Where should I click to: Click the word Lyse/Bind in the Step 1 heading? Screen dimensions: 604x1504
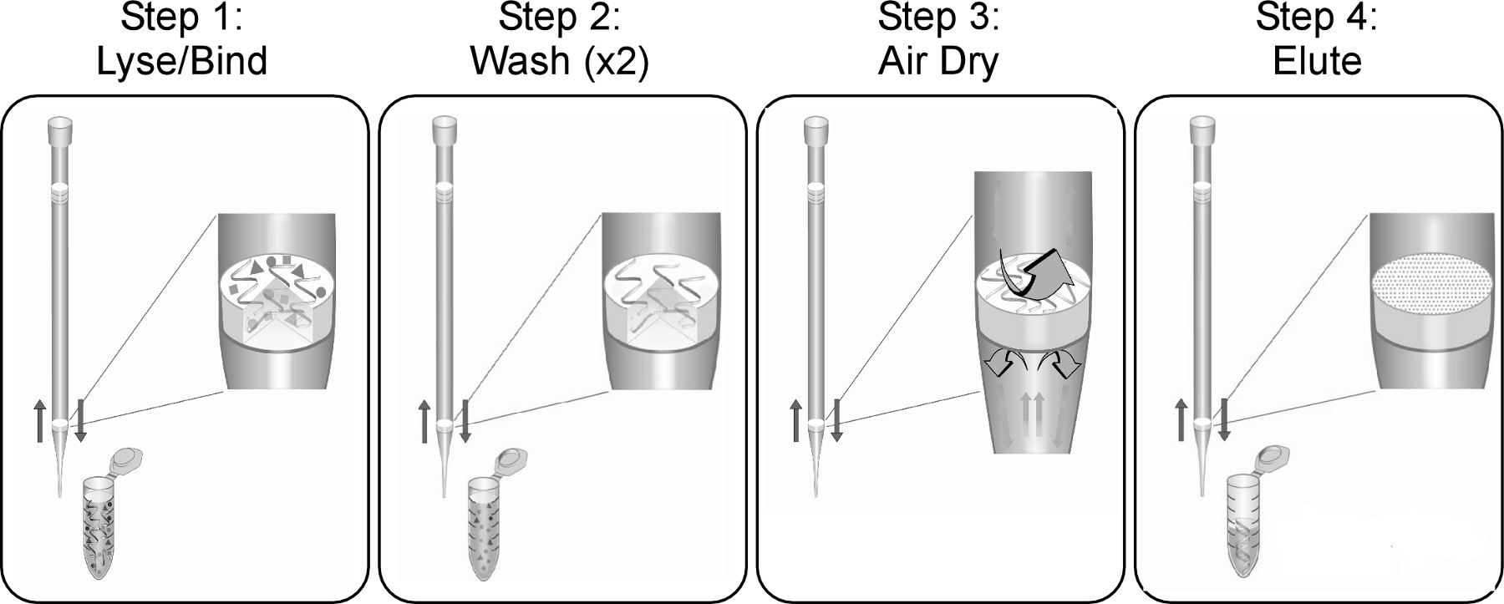pos(182,62)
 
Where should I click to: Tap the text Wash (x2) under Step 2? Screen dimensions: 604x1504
pos(560,62)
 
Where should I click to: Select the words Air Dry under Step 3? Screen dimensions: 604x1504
pos(937,62)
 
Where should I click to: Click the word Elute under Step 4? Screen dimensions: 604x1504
pos(1317,62)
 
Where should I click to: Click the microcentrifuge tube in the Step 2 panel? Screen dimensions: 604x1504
pos(483,526)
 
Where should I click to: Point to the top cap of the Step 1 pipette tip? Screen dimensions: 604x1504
pos(60,129)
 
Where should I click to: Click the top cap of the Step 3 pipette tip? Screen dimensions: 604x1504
pos(816,129)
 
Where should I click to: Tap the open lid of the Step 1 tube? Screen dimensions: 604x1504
pos(128,459)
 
